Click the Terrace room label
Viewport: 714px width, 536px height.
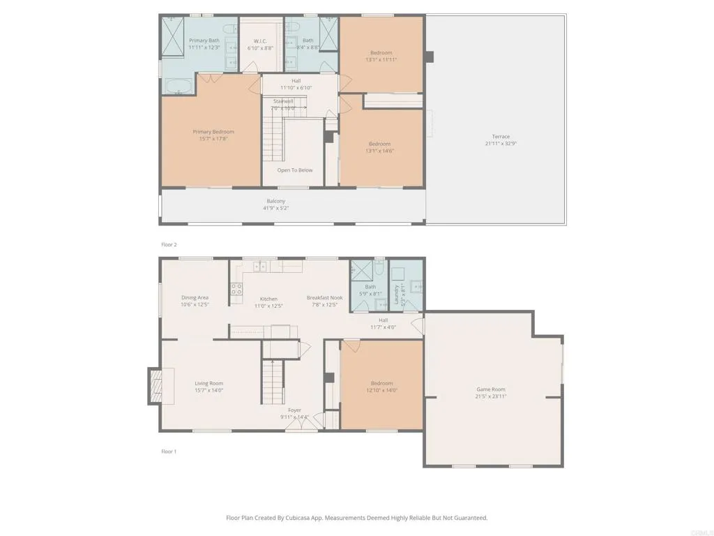tap(501, 137)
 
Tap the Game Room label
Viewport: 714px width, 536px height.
tap(491, 389)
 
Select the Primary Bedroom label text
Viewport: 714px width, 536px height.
tap(213, 132)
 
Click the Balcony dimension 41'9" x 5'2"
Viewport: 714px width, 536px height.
tap(275, 208)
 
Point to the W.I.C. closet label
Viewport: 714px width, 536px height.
tap(260, 40)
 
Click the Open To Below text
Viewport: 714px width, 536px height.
tap(295, 170)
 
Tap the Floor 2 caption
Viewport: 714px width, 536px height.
tap(169, 245)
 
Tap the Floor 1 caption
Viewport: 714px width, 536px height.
tap(169, 452)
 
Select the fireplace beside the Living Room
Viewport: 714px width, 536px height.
tap(154, 386)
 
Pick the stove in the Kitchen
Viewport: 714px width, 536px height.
tap(236, 288)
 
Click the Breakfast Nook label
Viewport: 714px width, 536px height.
tap(322, 298)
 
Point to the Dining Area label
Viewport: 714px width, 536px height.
tap(195, 298)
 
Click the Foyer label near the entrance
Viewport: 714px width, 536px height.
tap(295, 410)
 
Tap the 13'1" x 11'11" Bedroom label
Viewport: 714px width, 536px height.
tap(381, 53)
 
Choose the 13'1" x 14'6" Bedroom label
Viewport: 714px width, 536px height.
tap(380, 144)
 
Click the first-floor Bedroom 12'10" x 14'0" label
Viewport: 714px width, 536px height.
tap(381, 383)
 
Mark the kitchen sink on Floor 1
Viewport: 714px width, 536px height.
tap(260, 266)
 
